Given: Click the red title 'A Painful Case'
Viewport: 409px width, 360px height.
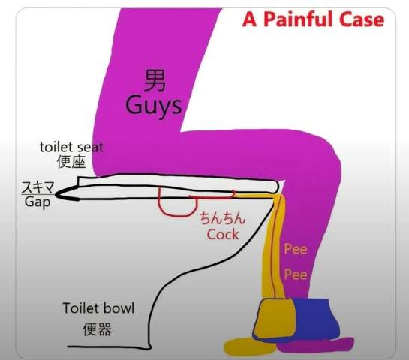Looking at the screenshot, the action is click(313, 19).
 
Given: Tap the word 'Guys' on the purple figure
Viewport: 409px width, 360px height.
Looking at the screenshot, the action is click(153, 106).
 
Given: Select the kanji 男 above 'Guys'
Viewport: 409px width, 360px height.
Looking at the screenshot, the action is click(154, 80).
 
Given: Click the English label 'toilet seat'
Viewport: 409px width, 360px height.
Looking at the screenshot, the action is click(71, 147).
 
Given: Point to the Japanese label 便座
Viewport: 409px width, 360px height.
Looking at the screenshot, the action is click(71, 162).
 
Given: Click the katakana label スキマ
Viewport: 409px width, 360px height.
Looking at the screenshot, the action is click(38, 187).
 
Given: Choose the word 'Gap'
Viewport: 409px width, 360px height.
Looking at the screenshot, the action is click(38, 202).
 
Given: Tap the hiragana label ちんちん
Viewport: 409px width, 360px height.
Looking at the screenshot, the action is click(223, 218).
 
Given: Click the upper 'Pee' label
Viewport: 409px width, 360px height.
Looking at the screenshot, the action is click(296, 249).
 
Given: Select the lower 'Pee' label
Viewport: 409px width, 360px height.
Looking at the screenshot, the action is click(296, 274).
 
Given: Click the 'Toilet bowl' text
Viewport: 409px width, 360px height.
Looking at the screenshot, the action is click(98, 307).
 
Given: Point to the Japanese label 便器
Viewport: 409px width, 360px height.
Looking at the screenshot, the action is click(98, 329).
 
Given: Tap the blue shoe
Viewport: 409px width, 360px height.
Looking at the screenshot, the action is click(316, 319).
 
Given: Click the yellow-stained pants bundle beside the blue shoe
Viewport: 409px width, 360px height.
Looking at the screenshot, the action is click(274, 318).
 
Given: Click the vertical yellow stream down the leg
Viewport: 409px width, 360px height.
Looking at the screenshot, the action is click(273, 246).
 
